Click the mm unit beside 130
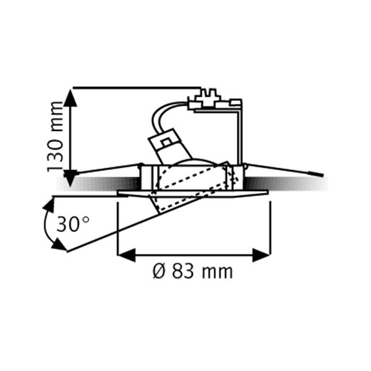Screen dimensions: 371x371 pyautogui.click(x=56, y=116)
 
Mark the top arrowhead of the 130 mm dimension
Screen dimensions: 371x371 pyautogui.click(x=70, y=96)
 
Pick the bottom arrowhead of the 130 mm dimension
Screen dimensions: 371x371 pyautogui.click(x=70, y=179)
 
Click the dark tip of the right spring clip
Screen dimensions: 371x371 pyautogui.click(x=319, y=176)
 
